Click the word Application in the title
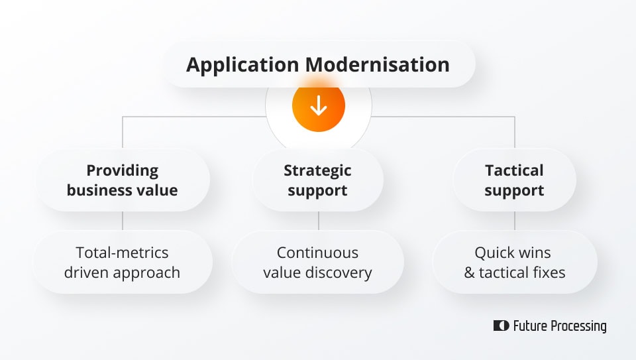(x=242, y=65)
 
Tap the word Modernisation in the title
(x=377, y=65)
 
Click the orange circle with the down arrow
(x=319, y=105)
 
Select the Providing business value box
(x=123, y=180)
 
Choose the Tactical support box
(x=514, y=180)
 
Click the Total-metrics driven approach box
(x=123, y=263)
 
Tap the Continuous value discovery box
(x=317, y=263)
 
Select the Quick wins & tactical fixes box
(x=514, y=263)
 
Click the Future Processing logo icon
(x=501, y=326)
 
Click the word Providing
(x=123, y=170)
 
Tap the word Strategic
(x=317, y=170)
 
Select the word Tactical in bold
(x=514, y=170)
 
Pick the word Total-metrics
(x=123, y=253)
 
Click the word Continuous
(x=317, y=253)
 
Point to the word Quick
(x=494, y=253)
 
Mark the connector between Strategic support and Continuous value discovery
(x=319, y=221)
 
